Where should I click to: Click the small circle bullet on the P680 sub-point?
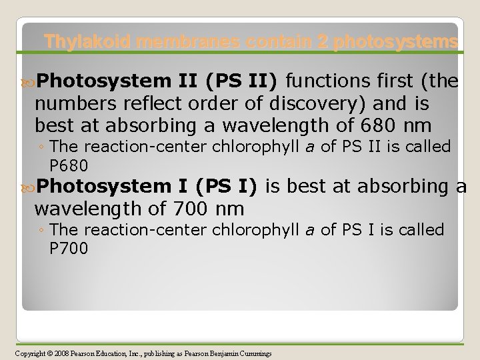[42, 147]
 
